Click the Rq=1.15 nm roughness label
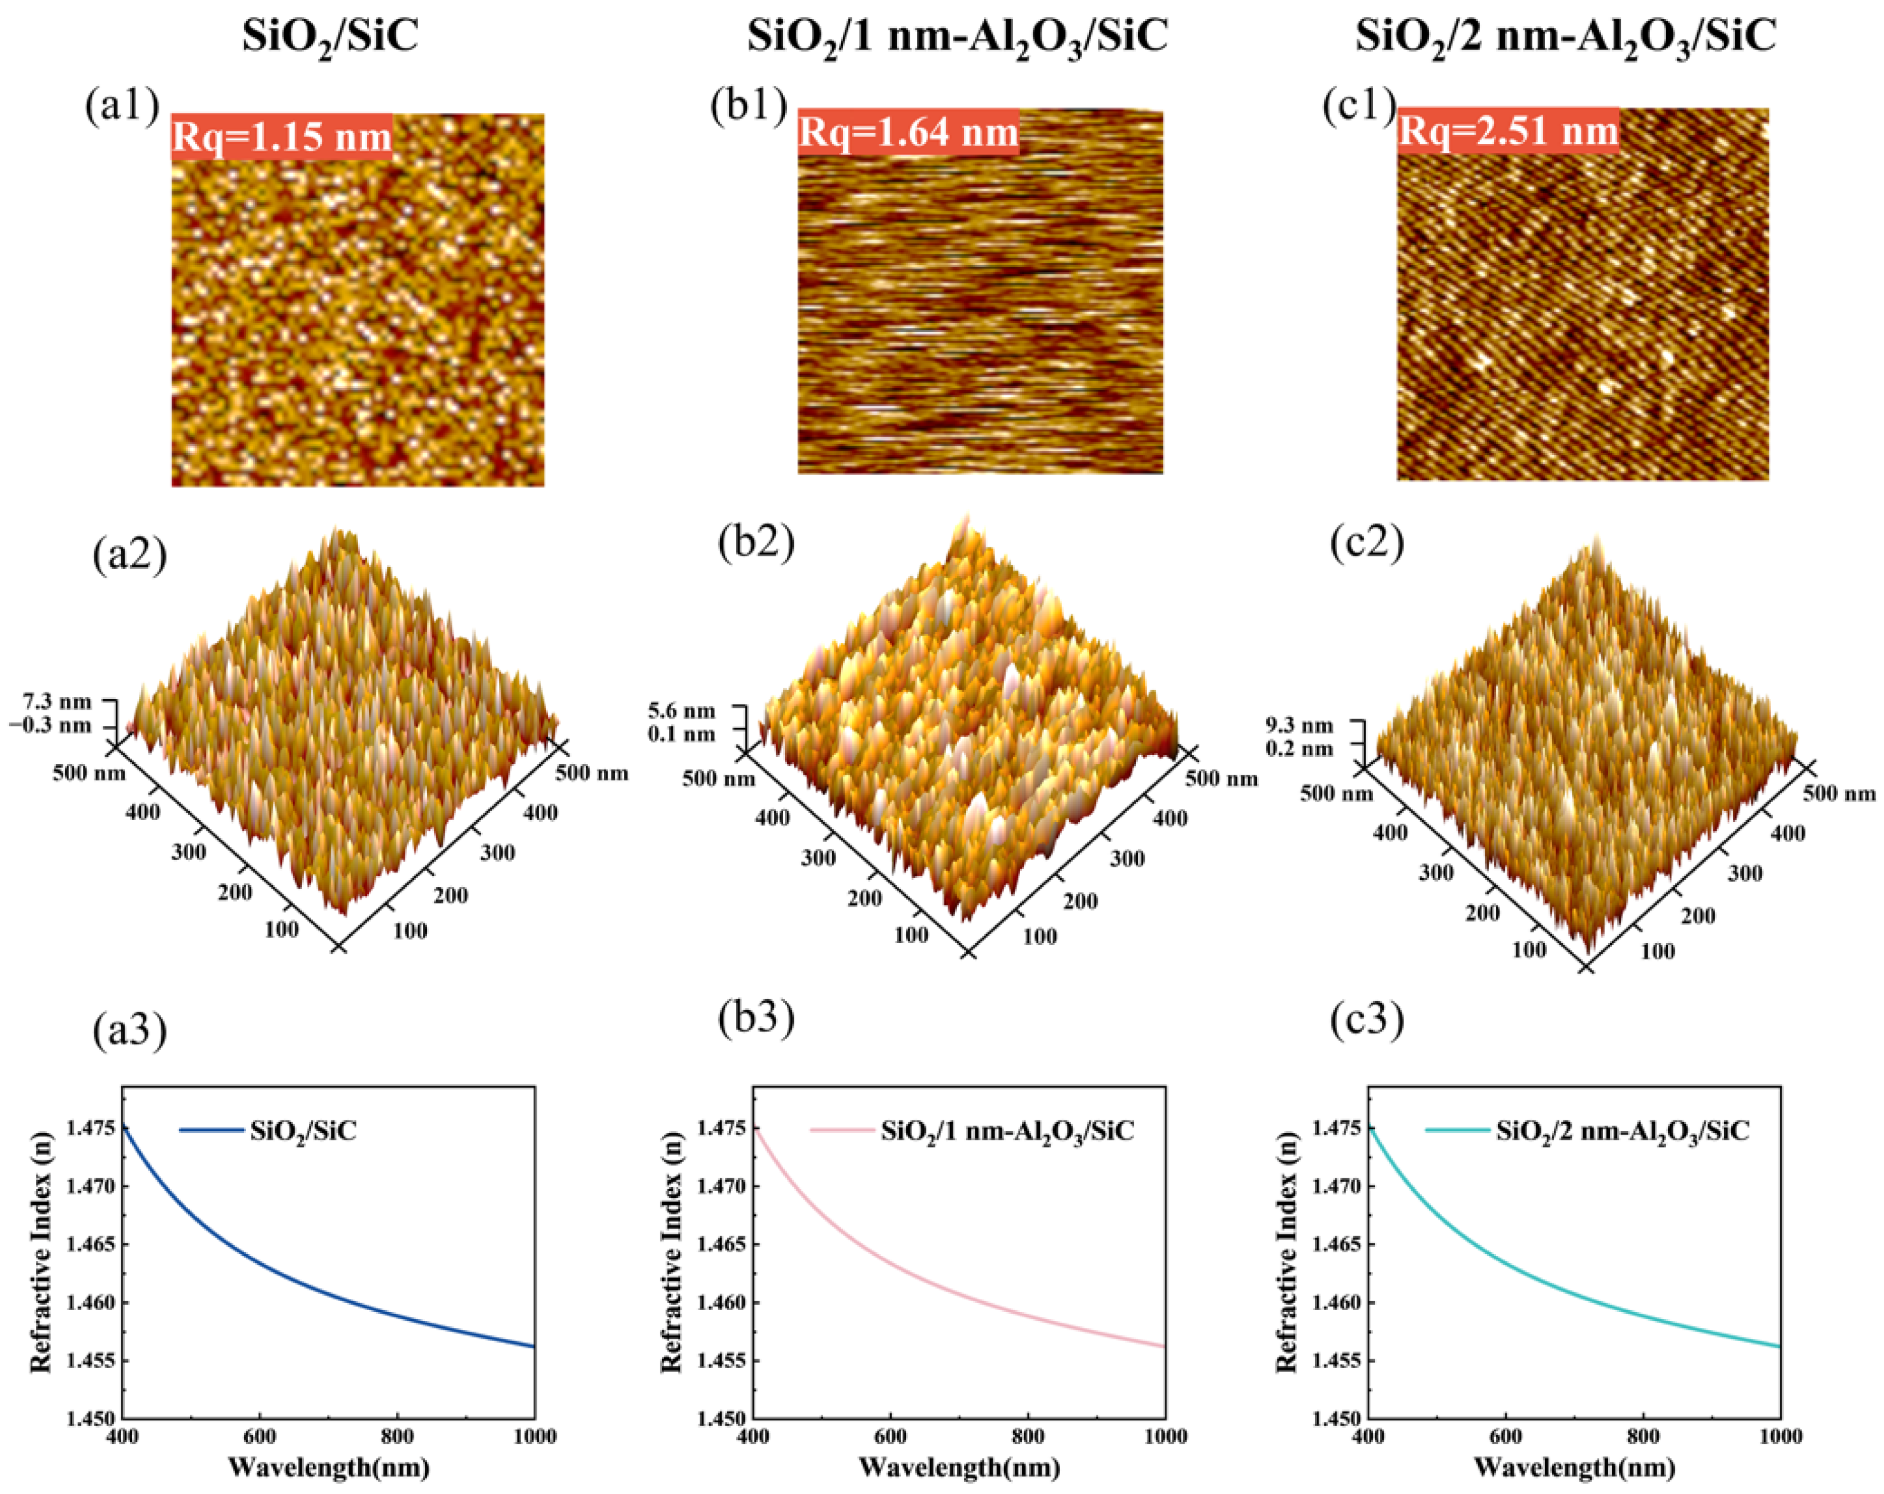click(281, 137)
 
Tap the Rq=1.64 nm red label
click(908, 133)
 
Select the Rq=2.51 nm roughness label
click(1509, 131)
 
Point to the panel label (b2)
click(756, 543)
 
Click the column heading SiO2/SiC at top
click(330, 38)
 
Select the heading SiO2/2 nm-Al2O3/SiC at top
click(1566, 38)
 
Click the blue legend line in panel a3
click(211, 1130)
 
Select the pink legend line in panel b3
click(841, 1130)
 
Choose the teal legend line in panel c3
click(1457, 1130)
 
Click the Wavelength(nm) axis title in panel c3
click(1574, 1468)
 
